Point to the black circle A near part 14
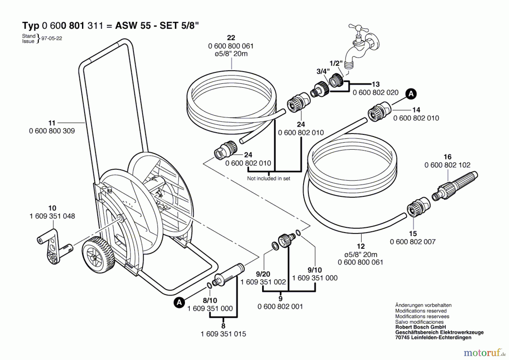[x=411, y=94]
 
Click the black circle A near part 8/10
[x=179, y=303]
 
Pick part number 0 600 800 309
[x=52, y=131]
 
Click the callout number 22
[x=231, y=38]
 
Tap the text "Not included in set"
[x=269, y=178]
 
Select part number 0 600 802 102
[x=447, y=165]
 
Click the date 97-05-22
[x=52, y=38]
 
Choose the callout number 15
[x=413, y=233]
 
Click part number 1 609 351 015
[x=223, y=334]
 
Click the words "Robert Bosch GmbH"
[x=420, y=327]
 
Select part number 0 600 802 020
[x=376, y=93]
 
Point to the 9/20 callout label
[x=263, y=274]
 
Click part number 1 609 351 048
[x=52, y=216]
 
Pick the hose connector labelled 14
[x=379, y=112]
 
